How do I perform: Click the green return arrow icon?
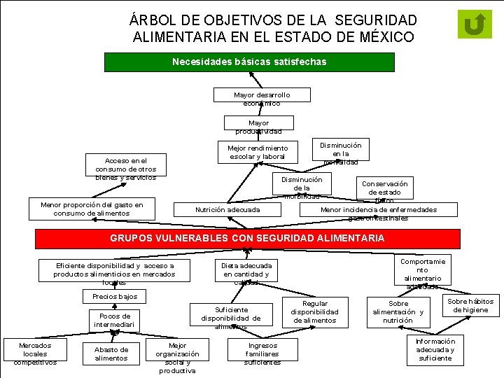pyautogui.click(x=474, y=24)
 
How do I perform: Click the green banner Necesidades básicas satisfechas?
pyautogui.click(x=248, y=62)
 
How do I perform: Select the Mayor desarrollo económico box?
pyautogui.click(x=262, y=99)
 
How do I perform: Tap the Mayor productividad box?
pyautogui.click(x=258, y=127)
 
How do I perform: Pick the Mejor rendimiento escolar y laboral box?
pyautogui.click(x=258, y=153)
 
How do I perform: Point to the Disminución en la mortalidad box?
pyautogui.click(x=340, y=153)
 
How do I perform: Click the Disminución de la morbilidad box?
pyautogui.click(x=302, y=188)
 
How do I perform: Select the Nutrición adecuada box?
pyautogui.click(x=227, y=209)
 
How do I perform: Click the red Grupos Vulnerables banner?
pyautogui.click(x=247, y=238)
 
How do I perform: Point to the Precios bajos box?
pyautogui.click(x=115, y=296)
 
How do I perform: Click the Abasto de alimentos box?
pyautogui.click(x=111, y=354)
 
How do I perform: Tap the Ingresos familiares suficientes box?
pyautogui.click(x=262, y=353)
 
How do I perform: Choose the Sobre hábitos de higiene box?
pyautogui.click(x=470, y=305)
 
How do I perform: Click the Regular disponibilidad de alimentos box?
pyautogui.click(x=314, y=311)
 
